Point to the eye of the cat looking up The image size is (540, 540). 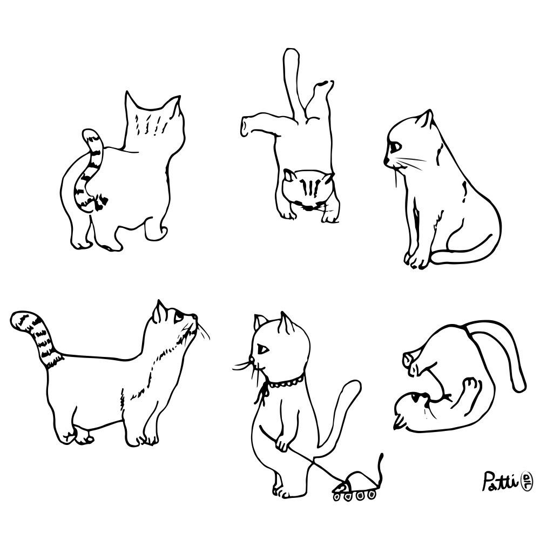coord(178,318)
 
